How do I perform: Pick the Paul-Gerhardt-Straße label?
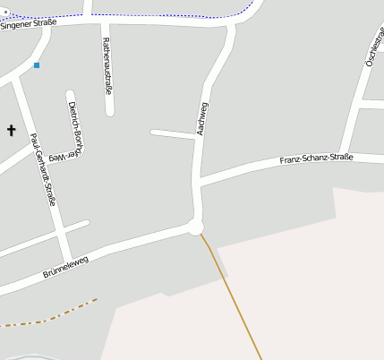pos(43,169)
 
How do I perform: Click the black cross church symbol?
pos(12,131)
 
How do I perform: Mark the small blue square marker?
pos(37,65)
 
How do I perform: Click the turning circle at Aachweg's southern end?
pos(196,227)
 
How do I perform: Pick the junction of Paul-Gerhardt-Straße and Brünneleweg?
pos(66,257)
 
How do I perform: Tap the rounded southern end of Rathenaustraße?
pos(109,111)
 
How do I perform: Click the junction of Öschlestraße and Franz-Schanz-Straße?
pos(344,155)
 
